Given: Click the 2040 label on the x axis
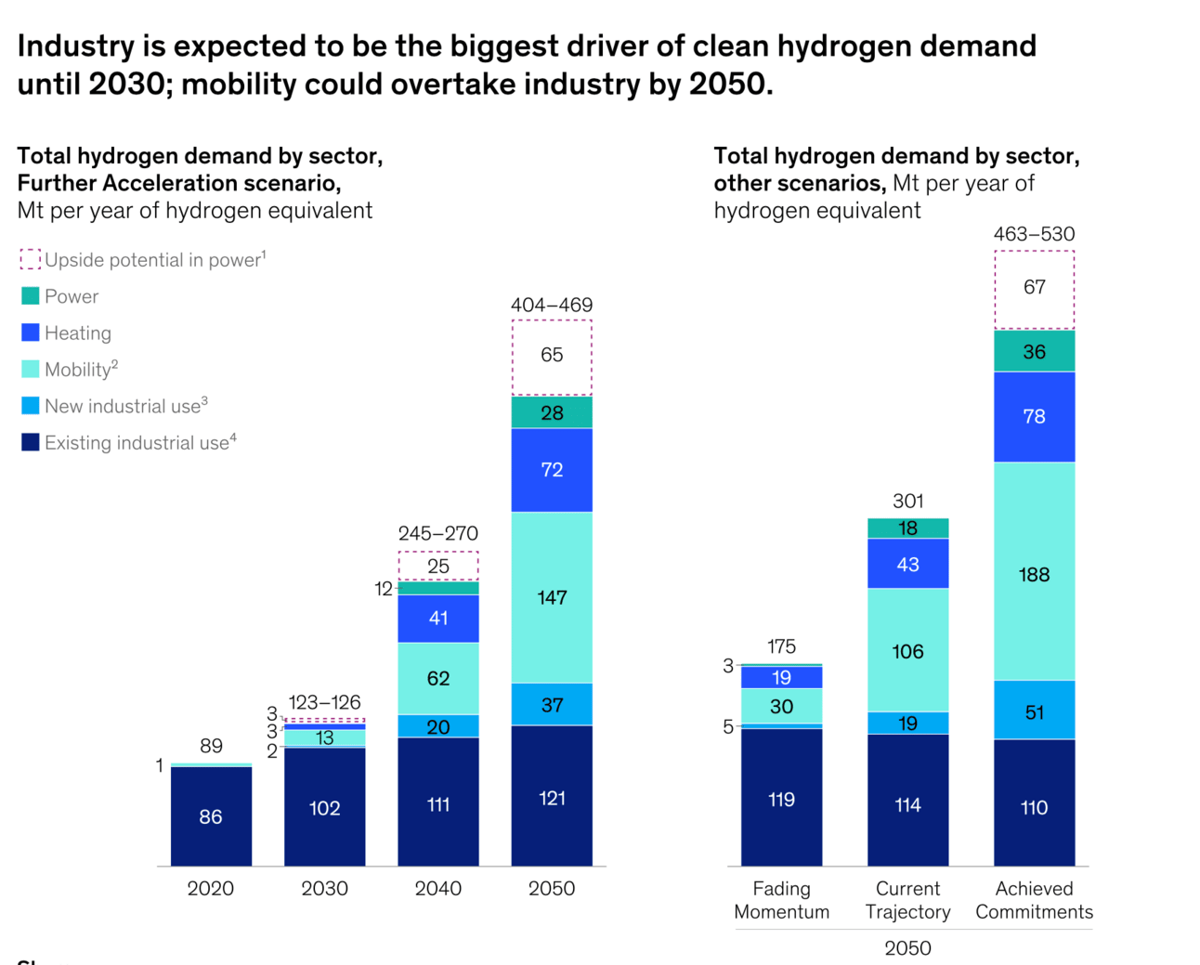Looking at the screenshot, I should point(437,889).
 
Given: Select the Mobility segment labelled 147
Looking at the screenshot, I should point(552,597).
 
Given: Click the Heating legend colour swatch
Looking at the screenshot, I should point(31,333).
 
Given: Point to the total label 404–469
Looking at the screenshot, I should point(552,305).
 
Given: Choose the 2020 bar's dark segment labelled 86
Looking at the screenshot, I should point(211,816).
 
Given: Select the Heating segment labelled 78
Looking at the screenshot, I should point(1034,417).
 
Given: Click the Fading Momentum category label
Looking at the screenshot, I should point(781,900).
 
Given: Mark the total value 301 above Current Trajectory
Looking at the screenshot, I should point(907,502).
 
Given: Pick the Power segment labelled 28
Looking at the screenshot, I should point(552,412).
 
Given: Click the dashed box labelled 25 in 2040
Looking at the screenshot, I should point(438,566).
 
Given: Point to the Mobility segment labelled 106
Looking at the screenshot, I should point(907,650).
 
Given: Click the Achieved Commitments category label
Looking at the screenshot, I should point(1034,900).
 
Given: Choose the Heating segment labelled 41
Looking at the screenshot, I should point(438,619).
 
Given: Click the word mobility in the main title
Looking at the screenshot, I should point(242,85).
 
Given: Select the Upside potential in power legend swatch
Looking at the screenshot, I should point(31,259).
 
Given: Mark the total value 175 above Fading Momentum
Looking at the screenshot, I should point(781,646).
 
